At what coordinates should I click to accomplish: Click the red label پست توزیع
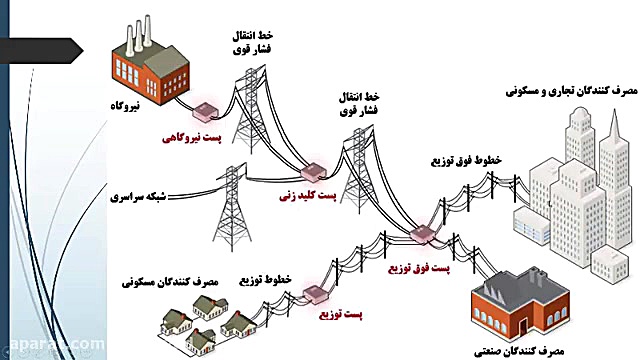pyautogui.click(x=338, y=317)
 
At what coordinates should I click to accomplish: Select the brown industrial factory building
pyautogui.click(x=519, y=300)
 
